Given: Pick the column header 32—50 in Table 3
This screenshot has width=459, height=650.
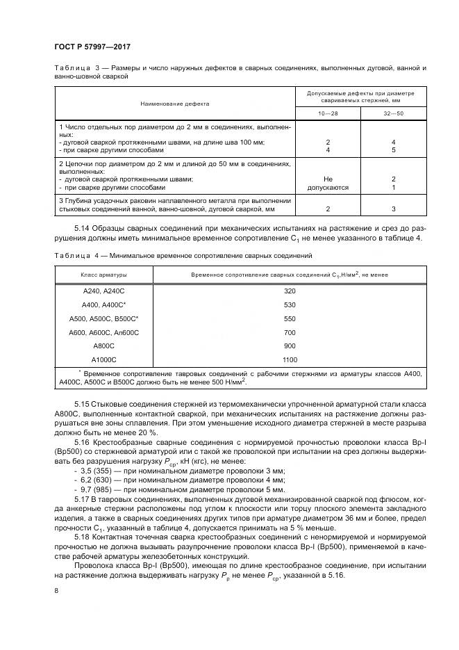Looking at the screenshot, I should [x=393, y=113].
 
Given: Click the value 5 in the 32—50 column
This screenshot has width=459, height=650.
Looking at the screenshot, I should [x=393, y=150].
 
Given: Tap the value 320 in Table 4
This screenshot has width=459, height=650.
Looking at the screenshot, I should [x=290, y=291].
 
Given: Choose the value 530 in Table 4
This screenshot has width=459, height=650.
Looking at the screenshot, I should [x=290, y=304].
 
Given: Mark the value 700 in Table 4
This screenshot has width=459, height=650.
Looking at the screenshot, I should [x=290, y=332].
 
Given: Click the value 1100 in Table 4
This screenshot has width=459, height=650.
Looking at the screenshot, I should [x=290, y=360].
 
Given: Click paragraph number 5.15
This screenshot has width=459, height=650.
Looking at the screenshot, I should [x=82, y=404].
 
